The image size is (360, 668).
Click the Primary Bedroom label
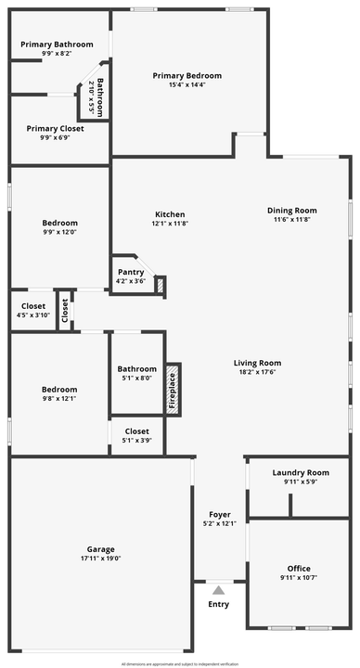pyautogui.click(x=187, y=76)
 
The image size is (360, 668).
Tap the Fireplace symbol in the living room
pyautogui.click(x=172, y=386)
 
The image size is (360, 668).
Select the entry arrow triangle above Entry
pyautogui.click(x=218, y=589)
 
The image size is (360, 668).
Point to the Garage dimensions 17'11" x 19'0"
pyautogui.click(x=101, y=558)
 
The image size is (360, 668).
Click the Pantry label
pyautogui.click(x=130, y=272)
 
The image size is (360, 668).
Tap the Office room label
pyautogui.click(x=299, y=569)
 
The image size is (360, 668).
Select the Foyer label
pyautogui.click(x=220, y=514)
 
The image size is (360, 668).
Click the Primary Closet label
pyautogui.click(x=55, y=129)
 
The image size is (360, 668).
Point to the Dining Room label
pyautogui.click(x=292, y=211)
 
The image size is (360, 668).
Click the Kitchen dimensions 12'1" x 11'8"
pyautogui.click(x=170, y=224)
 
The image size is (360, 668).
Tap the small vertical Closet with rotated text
pyautogui.click(x=65, y=312)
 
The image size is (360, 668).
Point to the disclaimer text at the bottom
pyautogui.click(x=180, y=664)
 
